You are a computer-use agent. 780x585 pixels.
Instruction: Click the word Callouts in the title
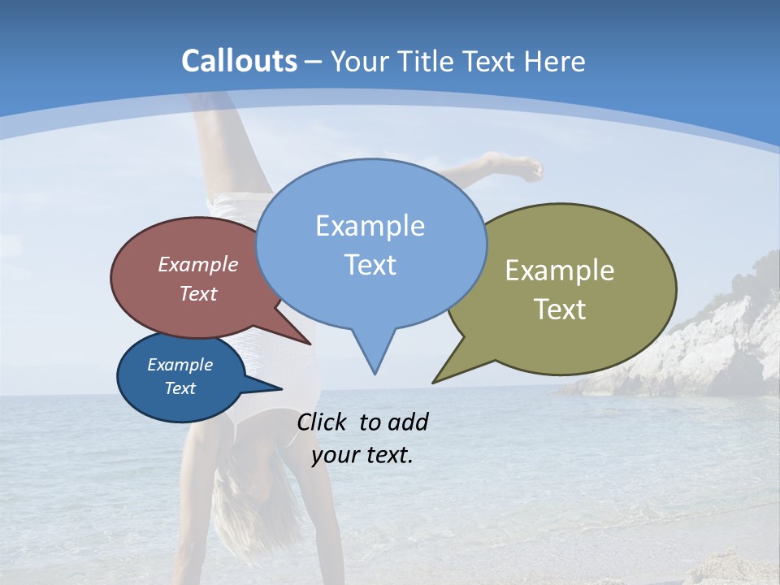click(x=239, y=61)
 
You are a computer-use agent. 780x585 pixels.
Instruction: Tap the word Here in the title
click(x=555, y=61)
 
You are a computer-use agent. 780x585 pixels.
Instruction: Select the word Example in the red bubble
click(x=197, y=264)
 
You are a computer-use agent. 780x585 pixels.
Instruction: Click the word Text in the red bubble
click(x=197, y=293)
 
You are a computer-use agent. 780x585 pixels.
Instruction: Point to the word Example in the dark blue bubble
click(x=180, y=365)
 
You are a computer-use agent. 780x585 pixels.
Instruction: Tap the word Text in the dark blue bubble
click(x=180, y=388)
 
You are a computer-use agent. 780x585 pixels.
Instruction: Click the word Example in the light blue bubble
click(x=370, y=225)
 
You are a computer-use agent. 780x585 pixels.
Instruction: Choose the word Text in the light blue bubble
click(x=370, y=264)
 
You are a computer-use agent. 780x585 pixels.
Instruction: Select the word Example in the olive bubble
click(x=560, y=270)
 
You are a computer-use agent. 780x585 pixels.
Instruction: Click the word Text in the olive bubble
click(x=560, y=309)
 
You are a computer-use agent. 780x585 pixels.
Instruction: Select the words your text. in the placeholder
click(x=362, y=455)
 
